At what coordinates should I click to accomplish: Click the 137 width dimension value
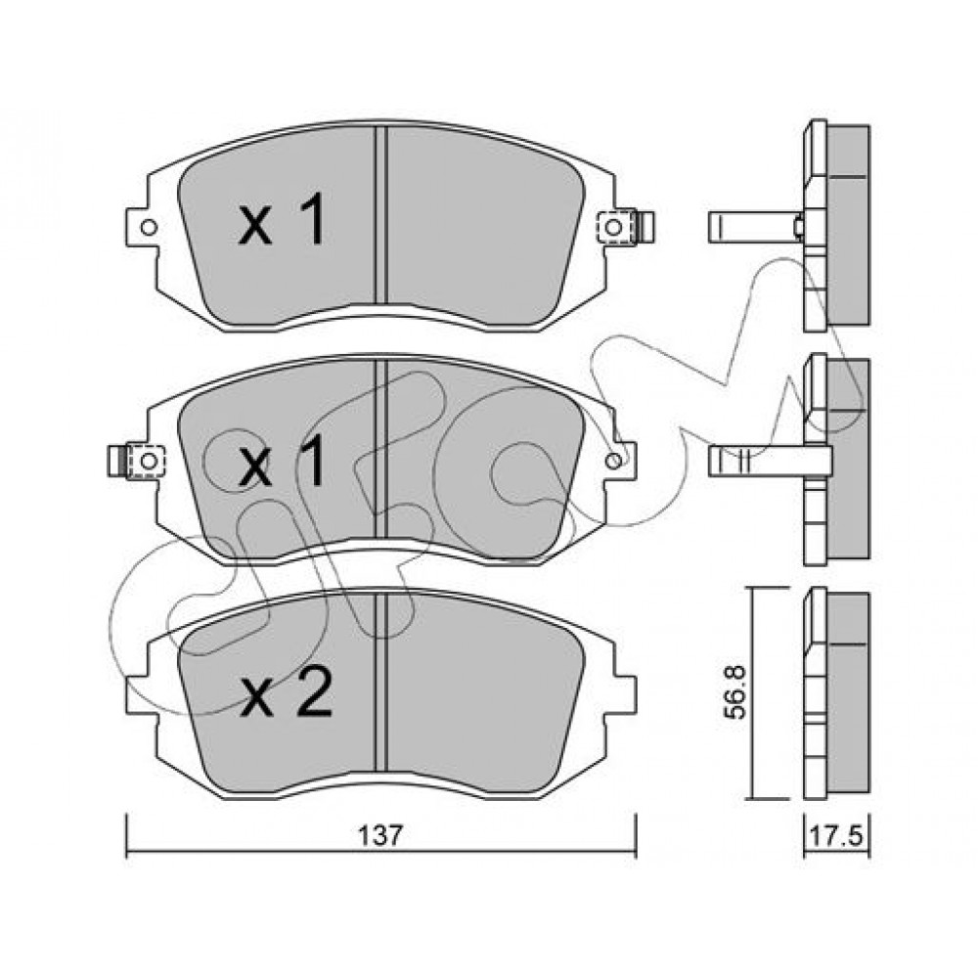coord(381,835)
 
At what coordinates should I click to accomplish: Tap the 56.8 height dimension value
coord(737,692)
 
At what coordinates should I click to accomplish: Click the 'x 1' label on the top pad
coord(282,219)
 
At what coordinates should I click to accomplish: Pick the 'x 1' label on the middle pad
coord(282,461)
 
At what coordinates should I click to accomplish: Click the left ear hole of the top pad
coord(149,227)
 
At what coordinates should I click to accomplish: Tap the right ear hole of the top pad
coord(613,227)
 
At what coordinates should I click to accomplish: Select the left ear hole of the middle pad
coord(149,461)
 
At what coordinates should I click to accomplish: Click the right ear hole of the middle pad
coord(613,461)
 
